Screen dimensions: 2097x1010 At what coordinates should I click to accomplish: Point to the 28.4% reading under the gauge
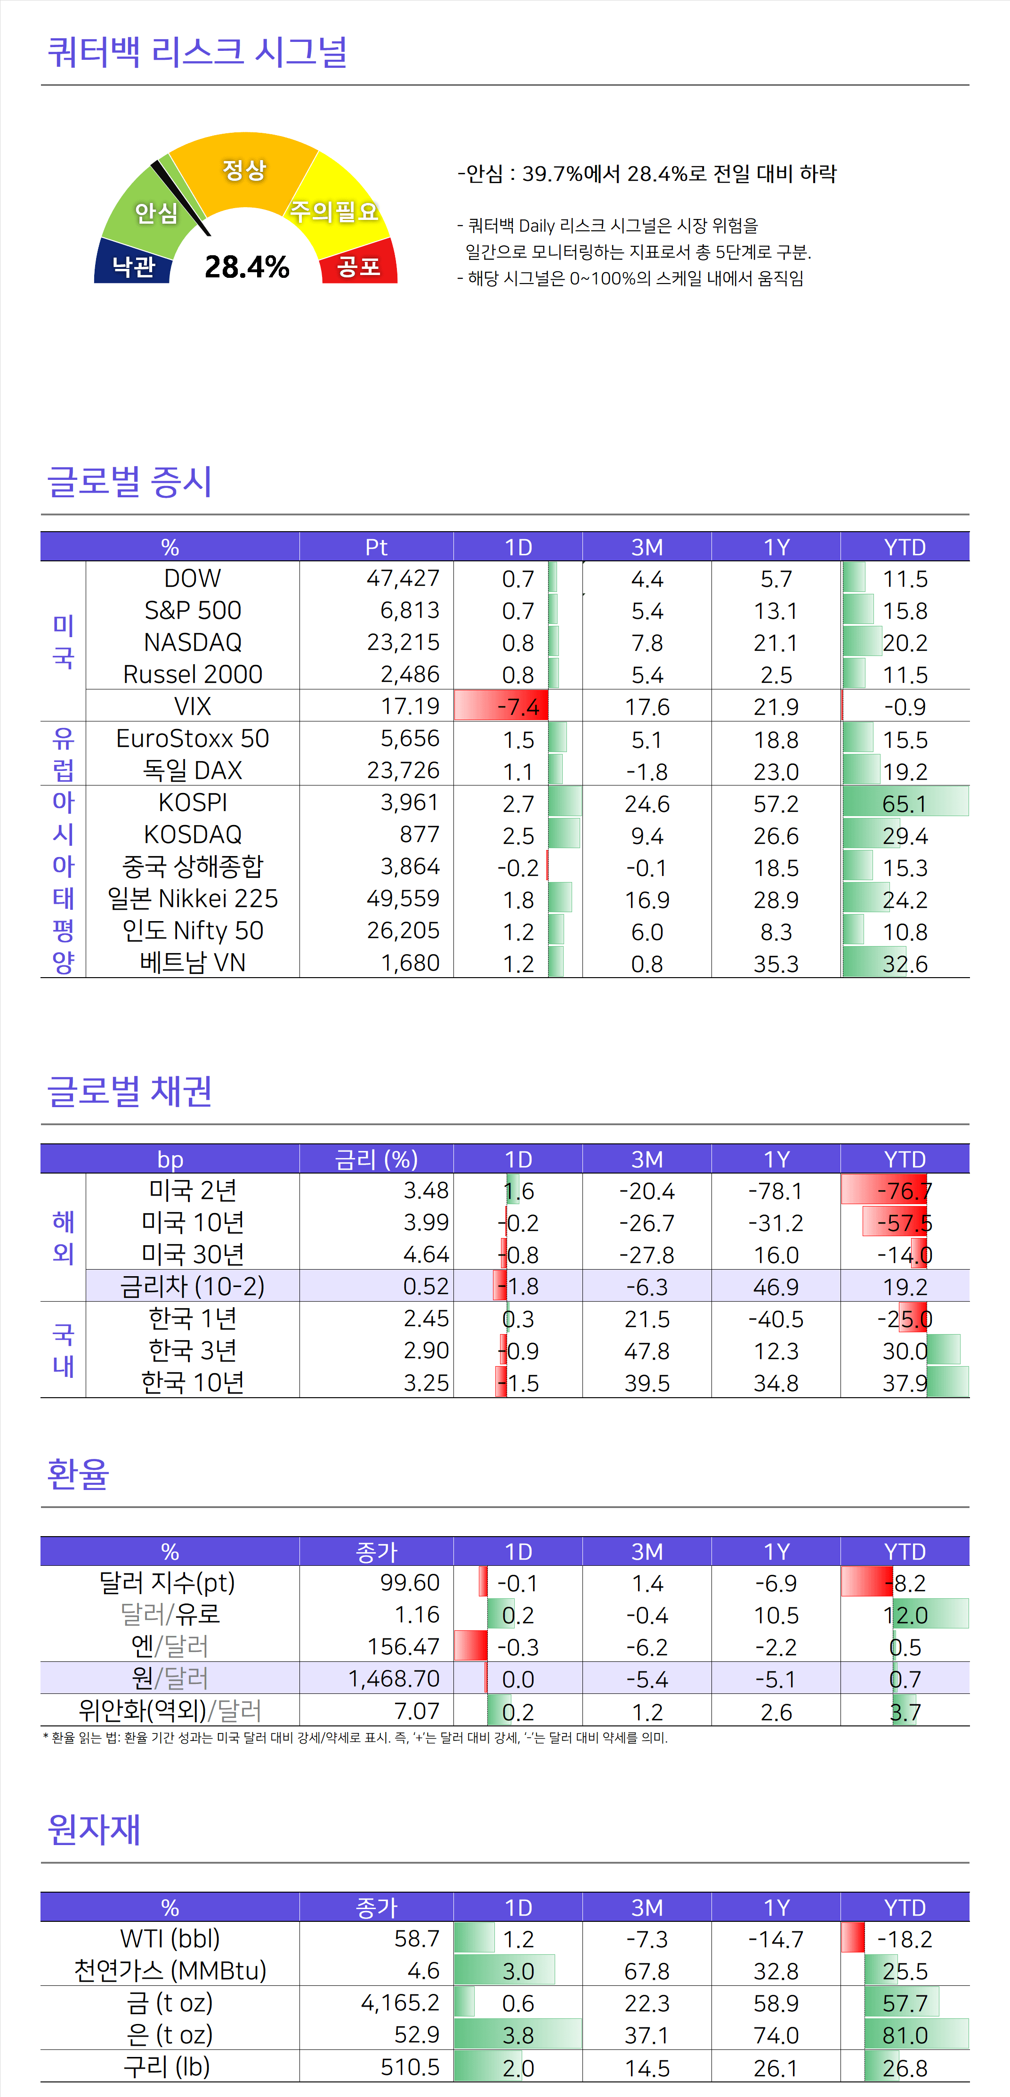coord(247,267)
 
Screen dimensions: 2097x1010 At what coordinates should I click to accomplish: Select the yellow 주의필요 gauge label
coord(334,211)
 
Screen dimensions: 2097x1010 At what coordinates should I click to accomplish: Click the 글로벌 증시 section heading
coord(130,481)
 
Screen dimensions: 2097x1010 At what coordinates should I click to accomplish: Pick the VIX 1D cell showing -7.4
coord(517,706)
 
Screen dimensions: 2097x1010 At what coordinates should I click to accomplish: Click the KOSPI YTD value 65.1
coord(904,803)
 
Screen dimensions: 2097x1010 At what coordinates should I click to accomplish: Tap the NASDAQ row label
coord(193,642)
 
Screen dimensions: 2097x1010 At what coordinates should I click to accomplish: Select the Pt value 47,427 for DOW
coord(403,578)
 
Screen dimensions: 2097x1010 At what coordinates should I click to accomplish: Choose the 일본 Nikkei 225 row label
coord(193,899)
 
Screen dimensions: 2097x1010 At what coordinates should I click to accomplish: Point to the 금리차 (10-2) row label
coord(193,1286)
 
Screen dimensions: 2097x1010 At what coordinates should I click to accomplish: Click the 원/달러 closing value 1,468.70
coord(394,1678)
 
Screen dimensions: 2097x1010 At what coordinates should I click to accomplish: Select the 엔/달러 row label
coord(170,1646)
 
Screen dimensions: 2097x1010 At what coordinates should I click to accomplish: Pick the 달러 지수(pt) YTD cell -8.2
coord(904,1582)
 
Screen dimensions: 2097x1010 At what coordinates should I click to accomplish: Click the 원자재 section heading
coord(94,1829)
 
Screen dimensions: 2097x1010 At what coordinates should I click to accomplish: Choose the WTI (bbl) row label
coord(170,1938)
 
